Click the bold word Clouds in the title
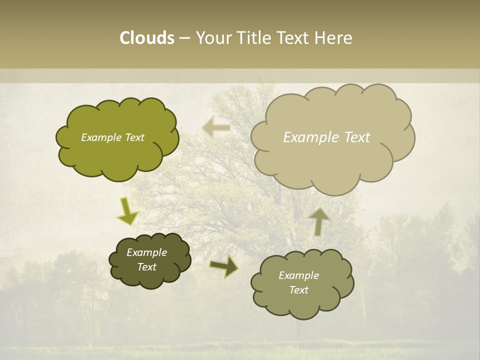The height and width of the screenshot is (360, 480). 147,38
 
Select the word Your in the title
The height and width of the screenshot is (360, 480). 212,38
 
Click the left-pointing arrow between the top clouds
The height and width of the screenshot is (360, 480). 216,127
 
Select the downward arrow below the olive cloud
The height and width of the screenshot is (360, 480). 127,211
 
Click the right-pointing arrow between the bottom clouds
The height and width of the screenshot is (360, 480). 224,266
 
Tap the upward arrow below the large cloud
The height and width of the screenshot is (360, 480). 319,221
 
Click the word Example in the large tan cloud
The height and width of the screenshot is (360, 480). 306,137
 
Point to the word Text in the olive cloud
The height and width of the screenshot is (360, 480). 134,137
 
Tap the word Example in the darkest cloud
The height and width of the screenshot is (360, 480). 147,252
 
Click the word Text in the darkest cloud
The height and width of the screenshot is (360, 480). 147,267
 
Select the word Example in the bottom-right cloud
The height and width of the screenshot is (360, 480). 298,275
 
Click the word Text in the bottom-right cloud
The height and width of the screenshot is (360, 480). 298,290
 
